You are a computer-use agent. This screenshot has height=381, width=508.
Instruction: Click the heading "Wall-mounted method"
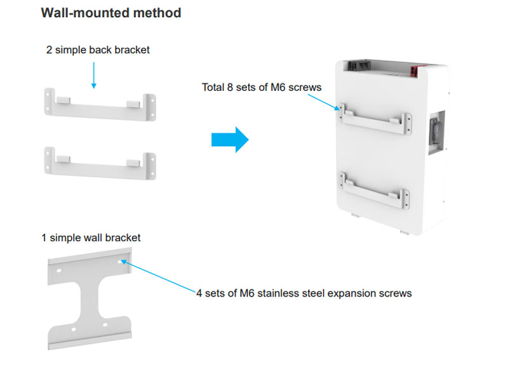click(x=111, y=13)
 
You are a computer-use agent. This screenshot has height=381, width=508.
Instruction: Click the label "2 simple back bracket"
click(x=98, y=50)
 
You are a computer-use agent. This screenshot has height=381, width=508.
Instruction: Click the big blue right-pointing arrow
click(x=229, y=139)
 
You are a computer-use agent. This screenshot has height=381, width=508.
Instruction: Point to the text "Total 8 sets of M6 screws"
click(x=262, y=87)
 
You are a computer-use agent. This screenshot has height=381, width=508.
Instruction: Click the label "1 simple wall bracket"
click(x=91, y=238)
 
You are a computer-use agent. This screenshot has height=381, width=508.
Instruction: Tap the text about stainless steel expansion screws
click(x=304, y=293)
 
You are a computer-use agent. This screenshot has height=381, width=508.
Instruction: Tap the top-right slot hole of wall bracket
click(x=121, y=261)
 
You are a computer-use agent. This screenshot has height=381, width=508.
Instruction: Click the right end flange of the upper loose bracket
click(x=149, y=107)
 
